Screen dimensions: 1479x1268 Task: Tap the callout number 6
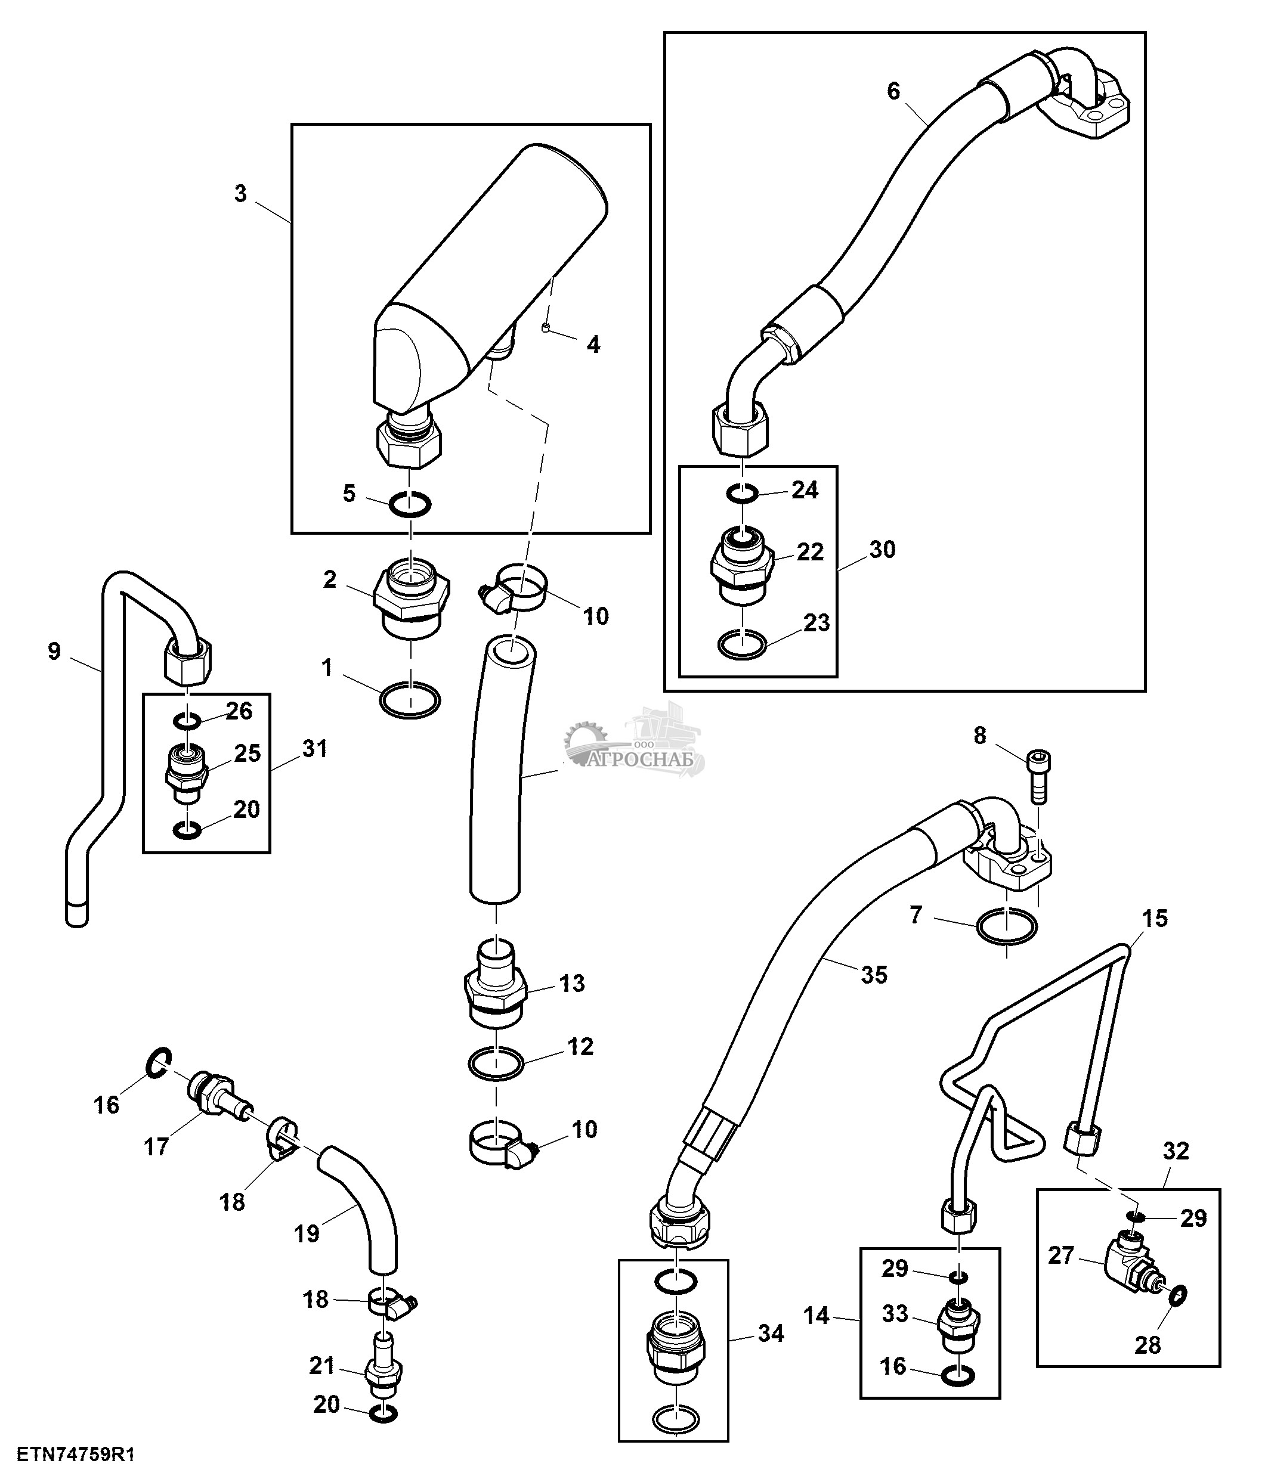[893, 91]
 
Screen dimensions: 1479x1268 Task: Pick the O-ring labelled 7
[1006, 926]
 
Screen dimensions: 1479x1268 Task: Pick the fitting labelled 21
[384, 1371]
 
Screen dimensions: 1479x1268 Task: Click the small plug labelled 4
[545, 327]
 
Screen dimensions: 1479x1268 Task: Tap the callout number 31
[314, 749]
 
